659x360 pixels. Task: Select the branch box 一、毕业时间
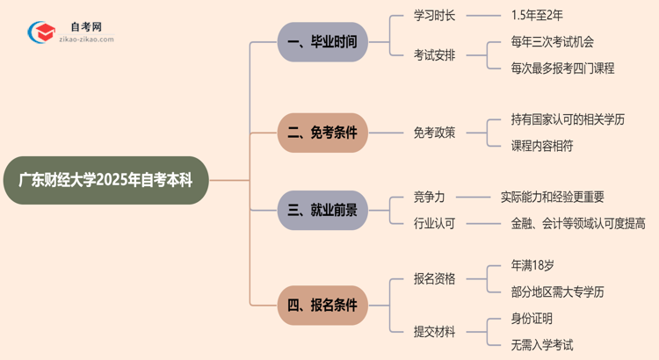[322, 41]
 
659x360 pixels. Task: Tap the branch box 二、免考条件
[322, 133]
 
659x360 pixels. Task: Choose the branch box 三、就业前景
[322, 210]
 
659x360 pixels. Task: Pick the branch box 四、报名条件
[322, 305]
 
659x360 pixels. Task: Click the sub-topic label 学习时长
[435, 15]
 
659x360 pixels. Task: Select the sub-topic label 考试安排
[435, 54]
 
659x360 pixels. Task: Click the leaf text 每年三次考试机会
[553, 41]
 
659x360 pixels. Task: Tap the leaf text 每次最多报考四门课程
[563, 68]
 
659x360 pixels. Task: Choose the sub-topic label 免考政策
[435, 133]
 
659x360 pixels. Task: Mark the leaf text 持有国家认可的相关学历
[568, 119]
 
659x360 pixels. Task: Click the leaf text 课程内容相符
[542, 146]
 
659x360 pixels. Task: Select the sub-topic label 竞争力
[429, 197]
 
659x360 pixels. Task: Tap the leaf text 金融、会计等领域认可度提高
[578, 223]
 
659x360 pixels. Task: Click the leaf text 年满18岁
[532, 266]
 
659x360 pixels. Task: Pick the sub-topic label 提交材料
[435, 331]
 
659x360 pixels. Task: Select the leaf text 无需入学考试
[542, 344]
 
